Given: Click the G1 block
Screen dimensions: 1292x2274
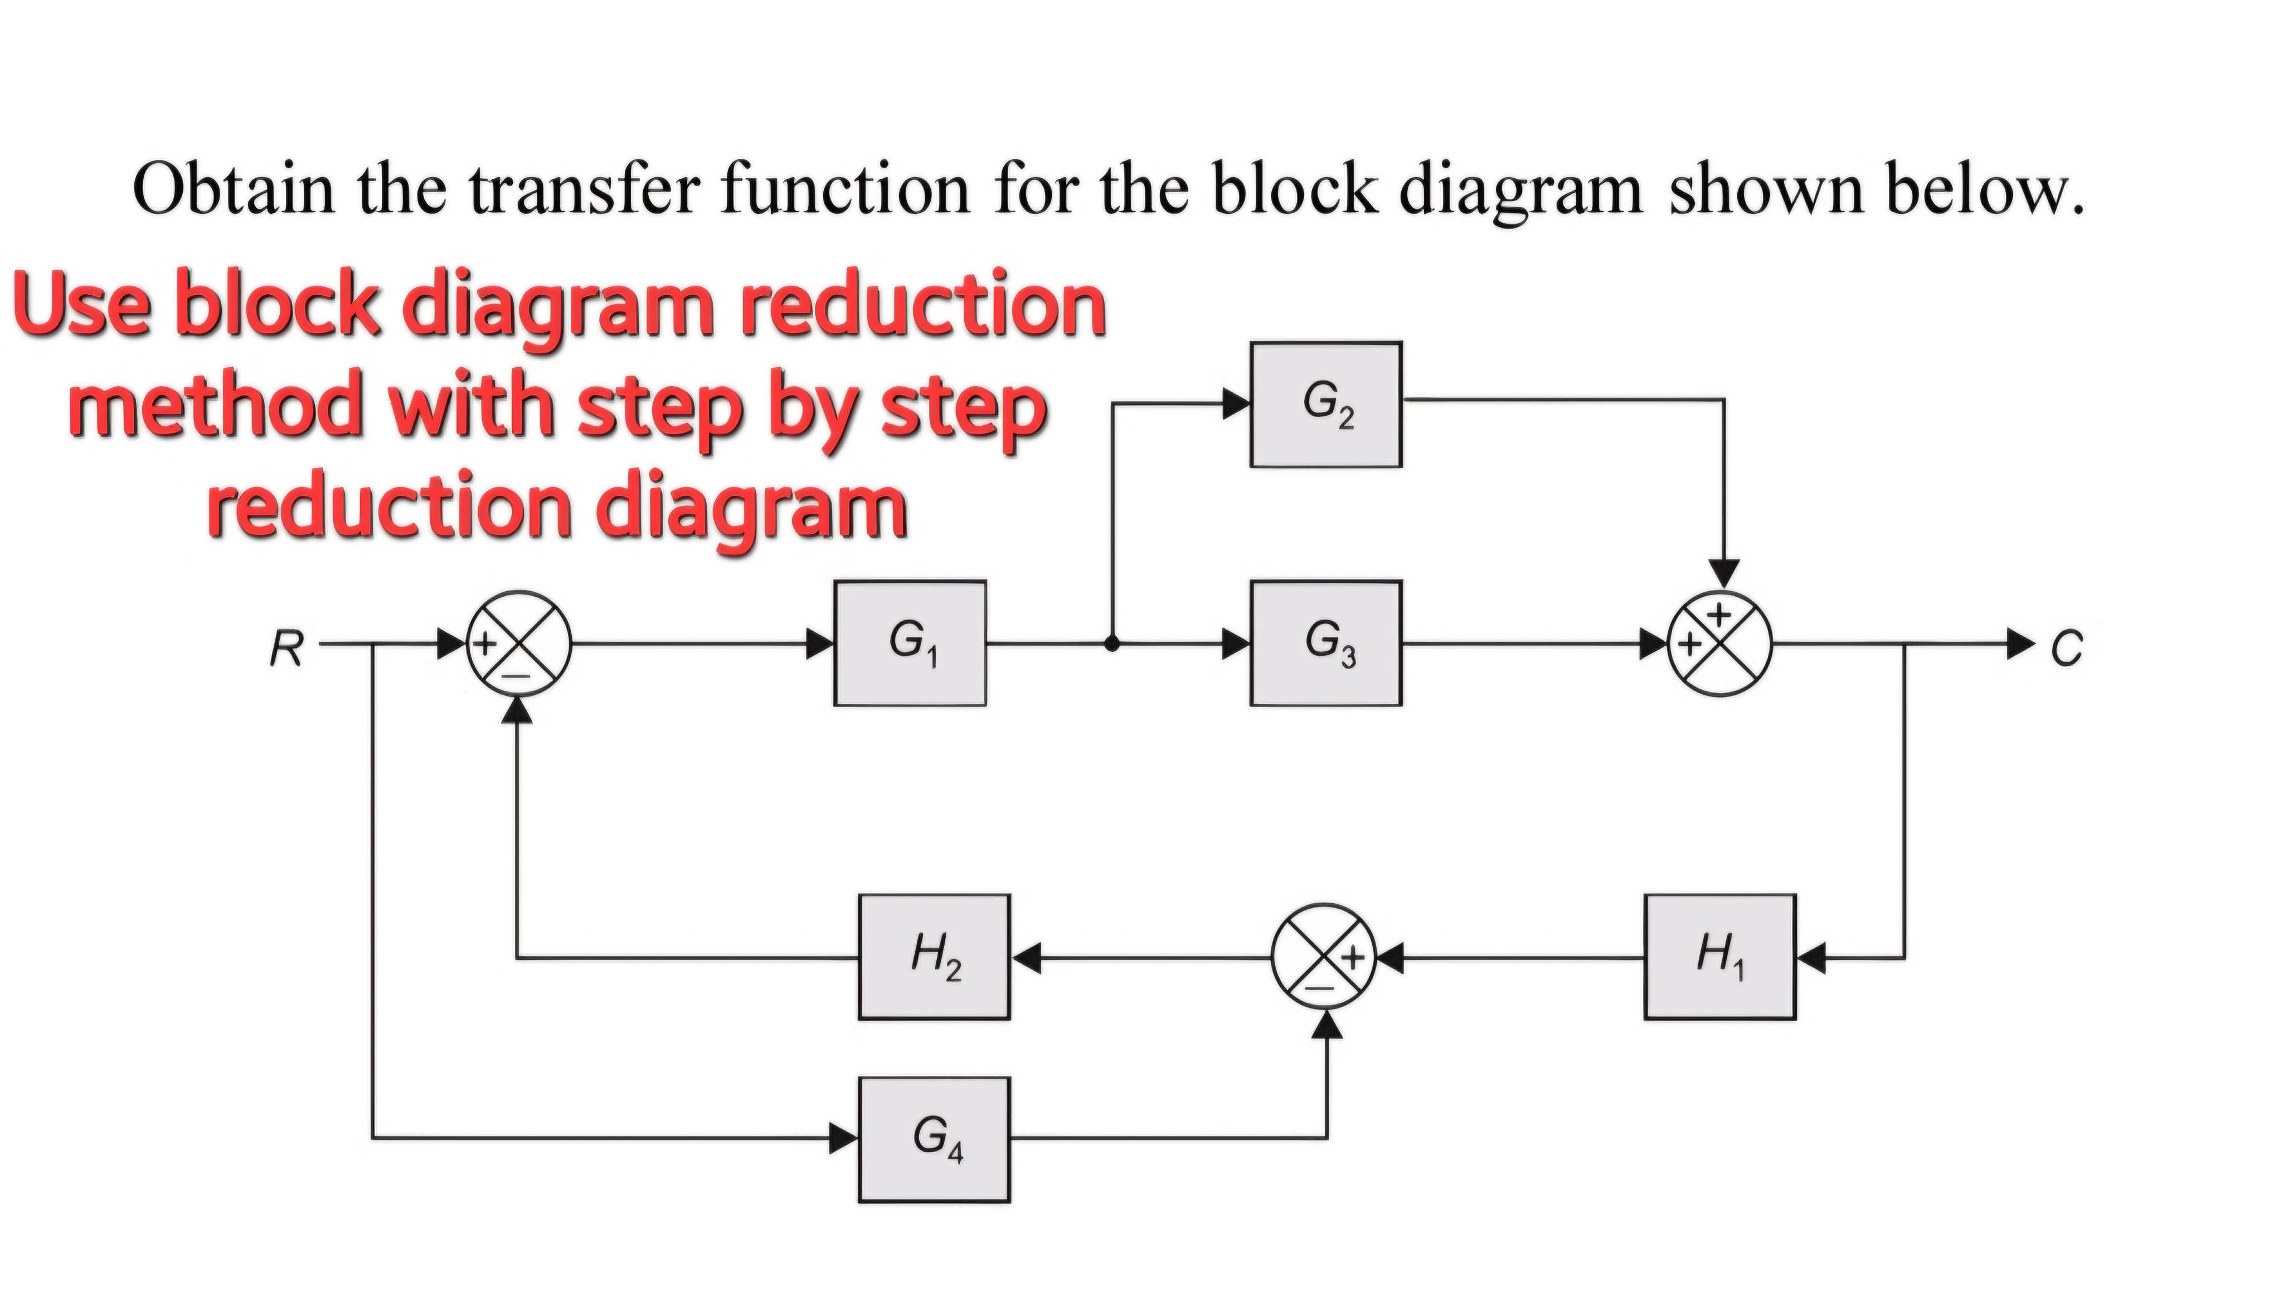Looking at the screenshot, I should tap(909, 643).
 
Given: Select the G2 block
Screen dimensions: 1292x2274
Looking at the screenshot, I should tap(1326, 404).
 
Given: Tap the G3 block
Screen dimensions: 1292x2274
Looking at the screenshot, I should tap(1326, 643).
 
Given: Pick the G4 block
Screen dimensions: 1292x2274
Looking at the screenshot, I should tap(934, 1139).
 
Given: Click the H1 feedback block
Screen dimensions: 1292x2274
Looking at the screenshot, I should tap(1719, 957).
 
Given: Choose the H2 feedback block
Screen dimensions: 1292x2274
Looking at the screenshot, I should tap(934, 957).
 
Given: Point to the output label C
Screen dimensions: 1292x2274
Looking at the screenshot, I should tap(2066, 648).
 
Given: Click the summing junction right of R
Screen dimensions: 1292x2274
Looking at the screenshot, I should tap(519, 643).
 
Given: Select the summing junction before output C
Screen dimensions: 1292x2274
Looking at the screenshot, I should tap(1720, 643).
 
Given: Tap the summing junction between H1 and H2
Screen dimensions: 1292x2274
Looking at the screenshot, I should tap(1323, 957).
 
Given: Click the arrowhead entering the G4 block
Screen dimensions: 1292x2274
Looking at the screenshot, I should tap(844, 1138).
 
